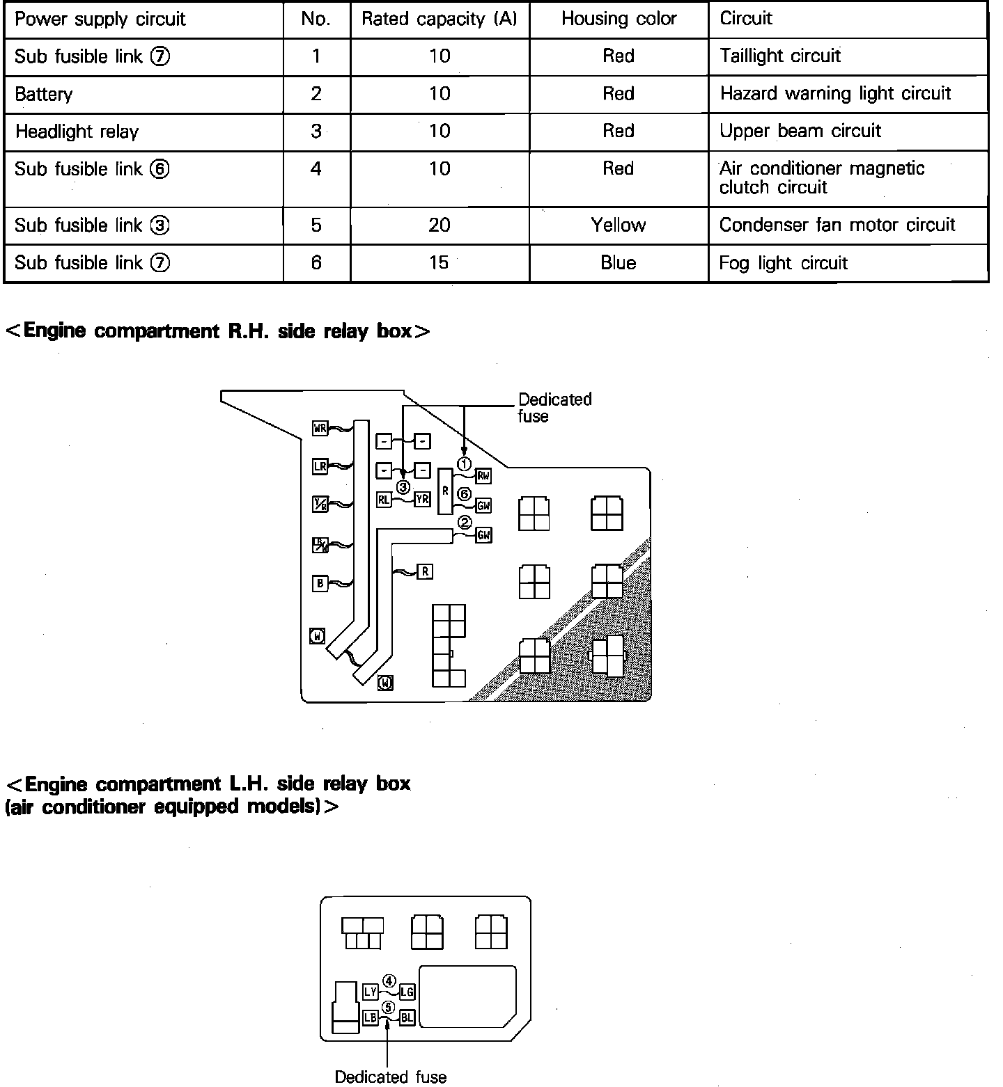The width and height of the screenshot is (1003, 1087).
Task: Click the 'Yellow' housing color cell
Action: (x=619, y=225)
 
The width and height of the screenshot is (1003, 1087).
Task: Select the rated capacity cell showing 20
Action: (x=440, y=225)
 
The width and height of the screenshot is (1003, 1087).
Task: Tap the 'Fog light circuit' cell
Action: (x=784, y=263)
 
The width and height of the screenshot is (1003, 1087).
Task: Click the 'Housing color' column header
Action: (x=619, y=19)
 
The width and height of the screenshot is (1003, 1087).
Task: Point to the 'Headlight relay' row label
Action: (x=77, y=132)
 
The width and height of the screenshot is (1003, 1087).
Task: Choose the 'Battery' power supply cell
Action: (x=43, y=94)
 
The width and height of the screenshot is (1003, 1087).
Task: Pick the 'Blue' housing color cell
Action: (x=619, y=263)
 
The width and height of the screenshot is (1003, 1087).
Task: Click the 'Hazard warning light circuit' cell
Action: (x=835, y=94)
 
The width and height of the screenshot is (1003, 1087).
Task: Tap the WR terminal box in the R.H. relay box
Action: (x=320, y=429)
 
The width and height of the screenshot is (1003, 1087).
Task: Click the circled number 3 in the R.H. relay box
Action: (x=403, y=487)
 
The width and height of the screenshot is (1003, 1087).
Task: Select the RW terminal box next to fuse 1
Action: (x=483, y=476)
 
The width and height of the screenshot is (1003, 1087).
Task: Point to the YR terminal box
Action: (x=422, y=499)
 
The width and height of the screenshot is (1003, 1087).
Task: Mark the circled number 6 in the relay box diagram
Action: (x=465, y=494)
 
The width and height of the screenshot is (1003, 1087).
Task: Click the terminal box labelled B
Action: (x=320, y=583)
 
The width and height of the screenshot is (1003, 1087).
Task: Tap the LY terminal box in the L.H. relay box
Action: (x=371, y=992)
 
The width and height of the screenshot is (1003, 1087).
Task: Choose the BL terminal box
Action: (x=407, y=1017)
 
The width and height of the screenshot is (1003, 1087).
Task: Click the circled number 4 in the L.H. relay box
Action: (x=389, y=981)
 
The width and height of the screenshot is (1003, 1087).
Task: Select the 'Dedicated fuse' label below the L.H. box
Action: (x=391, y=1077)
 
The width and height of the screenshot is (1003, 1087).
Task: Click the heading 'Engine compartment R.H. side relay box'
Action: (x=217, y=331)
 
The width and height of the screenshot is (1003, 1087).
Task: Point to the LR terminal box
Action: (x=320, y=466)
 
